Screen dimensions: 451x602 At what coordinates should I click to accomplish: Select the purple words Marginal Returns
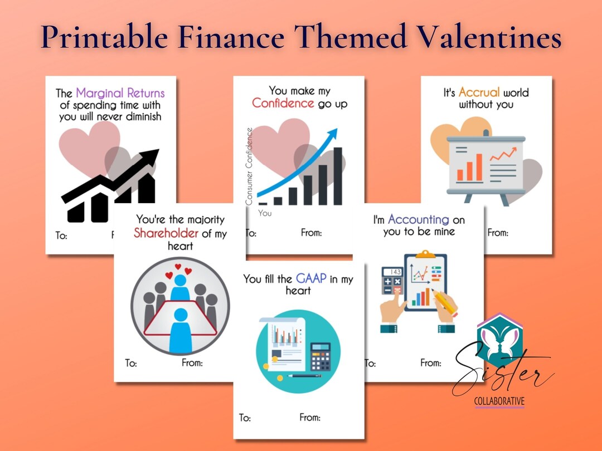(120, 93)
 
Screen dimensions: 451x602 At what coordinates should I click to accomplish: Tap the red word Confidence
(283, 103)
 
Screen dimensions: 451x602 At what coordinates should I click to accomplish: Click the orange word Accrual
(479, 92)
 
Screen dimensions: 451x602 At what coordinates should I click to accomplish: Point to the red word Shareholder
(166, 233)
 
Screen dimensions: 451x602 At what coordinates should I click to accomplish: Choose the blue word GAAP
(311, 278)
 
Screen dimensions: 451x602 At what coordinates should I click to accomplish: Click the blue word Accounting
(418, 219)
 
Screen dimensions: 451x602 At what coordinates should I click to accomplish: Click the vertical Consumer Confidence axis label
(249, 166)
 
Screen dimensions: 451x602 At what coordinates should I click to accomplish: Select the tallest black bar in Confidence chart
(337, 176)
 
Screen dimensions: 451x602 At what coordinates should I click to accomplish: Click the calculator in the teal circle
(320, 357)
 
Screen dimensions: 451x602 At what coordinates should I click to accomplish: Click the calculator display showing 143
(395, 272)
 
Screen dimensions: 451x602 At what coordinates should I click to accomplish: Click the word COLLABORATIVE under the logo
(499, 401)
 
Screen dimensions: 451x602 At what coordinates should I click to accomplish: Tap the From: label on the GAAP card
(309, 417)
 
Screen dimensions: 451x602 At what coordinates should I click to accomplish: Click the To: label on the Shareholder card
(130, 363)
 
